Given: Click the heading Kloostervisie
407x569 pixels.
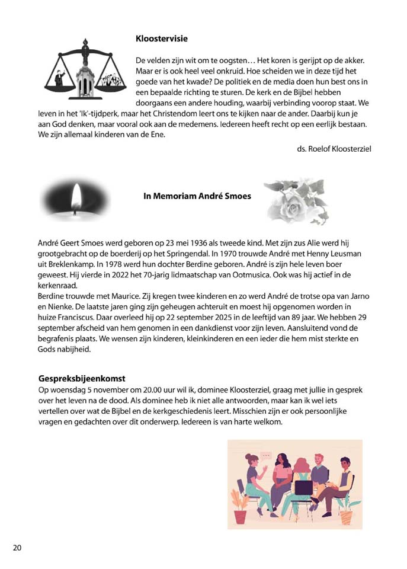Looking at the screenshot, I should pos(162,39).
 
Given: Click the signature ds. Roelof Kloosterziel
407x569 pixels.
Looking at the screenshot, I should pos(334,148).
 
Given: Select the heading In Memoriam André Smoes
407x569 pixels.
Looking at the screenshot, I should pos(197,196).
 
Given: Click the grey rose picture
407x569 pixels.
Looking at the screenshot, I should pos(294,202).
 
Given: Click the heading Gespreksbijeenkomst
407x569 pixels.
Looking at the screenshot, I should pos(82,378).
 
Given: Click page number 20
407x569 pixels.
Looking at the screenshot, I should pos(17,547).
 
